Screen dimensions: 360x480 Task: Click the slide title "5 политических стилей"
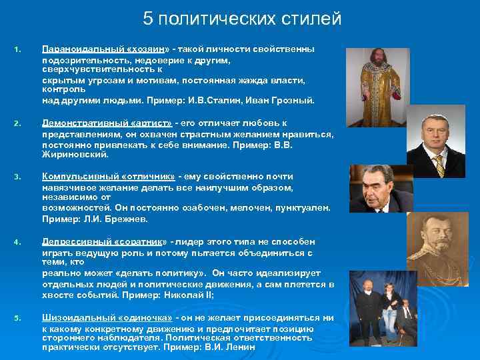tap(242, 19)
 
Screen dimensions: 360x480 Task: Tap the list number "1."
tap(17, 49)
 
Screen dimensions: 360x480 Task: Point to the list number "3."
tap(17, 177)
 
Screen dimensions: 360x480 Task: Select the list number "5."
tap(17, 318)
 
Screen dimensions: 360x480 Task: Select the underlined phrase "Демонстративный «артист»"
tap(107, 123)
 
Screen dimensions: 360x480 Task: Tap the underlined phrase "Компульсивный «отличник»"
tap(109, 177)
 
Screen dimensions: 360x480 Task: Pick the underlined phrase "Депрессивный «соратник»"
tap(106, 241)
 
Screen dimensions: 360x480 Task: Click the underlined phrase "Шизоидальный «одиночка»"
tap(107, 318)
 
